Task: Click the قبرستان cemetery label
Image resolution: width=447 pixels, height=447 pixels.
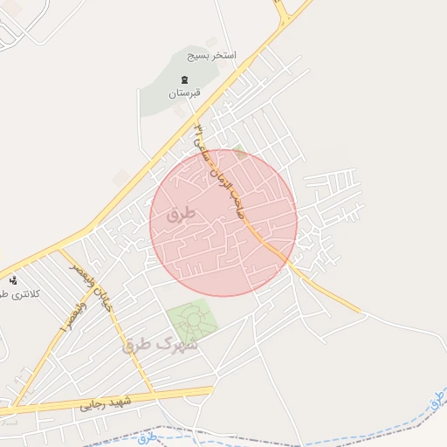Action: (x=184, y=93)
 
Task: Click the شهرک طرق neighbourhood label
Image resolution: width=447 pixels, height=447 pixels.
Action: (x=162, y=345)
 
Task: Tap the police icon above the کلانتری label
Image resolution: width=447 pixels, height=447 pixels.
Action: (x=13, y=280)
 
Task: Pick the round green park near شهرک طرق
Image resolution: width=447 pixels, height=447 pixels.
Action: (x=191, y=321)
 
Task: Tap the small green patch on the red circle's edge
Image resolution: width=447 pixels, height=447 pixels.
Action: (x=239, y=150)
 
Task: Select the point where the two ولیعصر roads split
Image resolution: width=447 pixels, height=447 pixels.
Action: (x=62, y=253)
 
